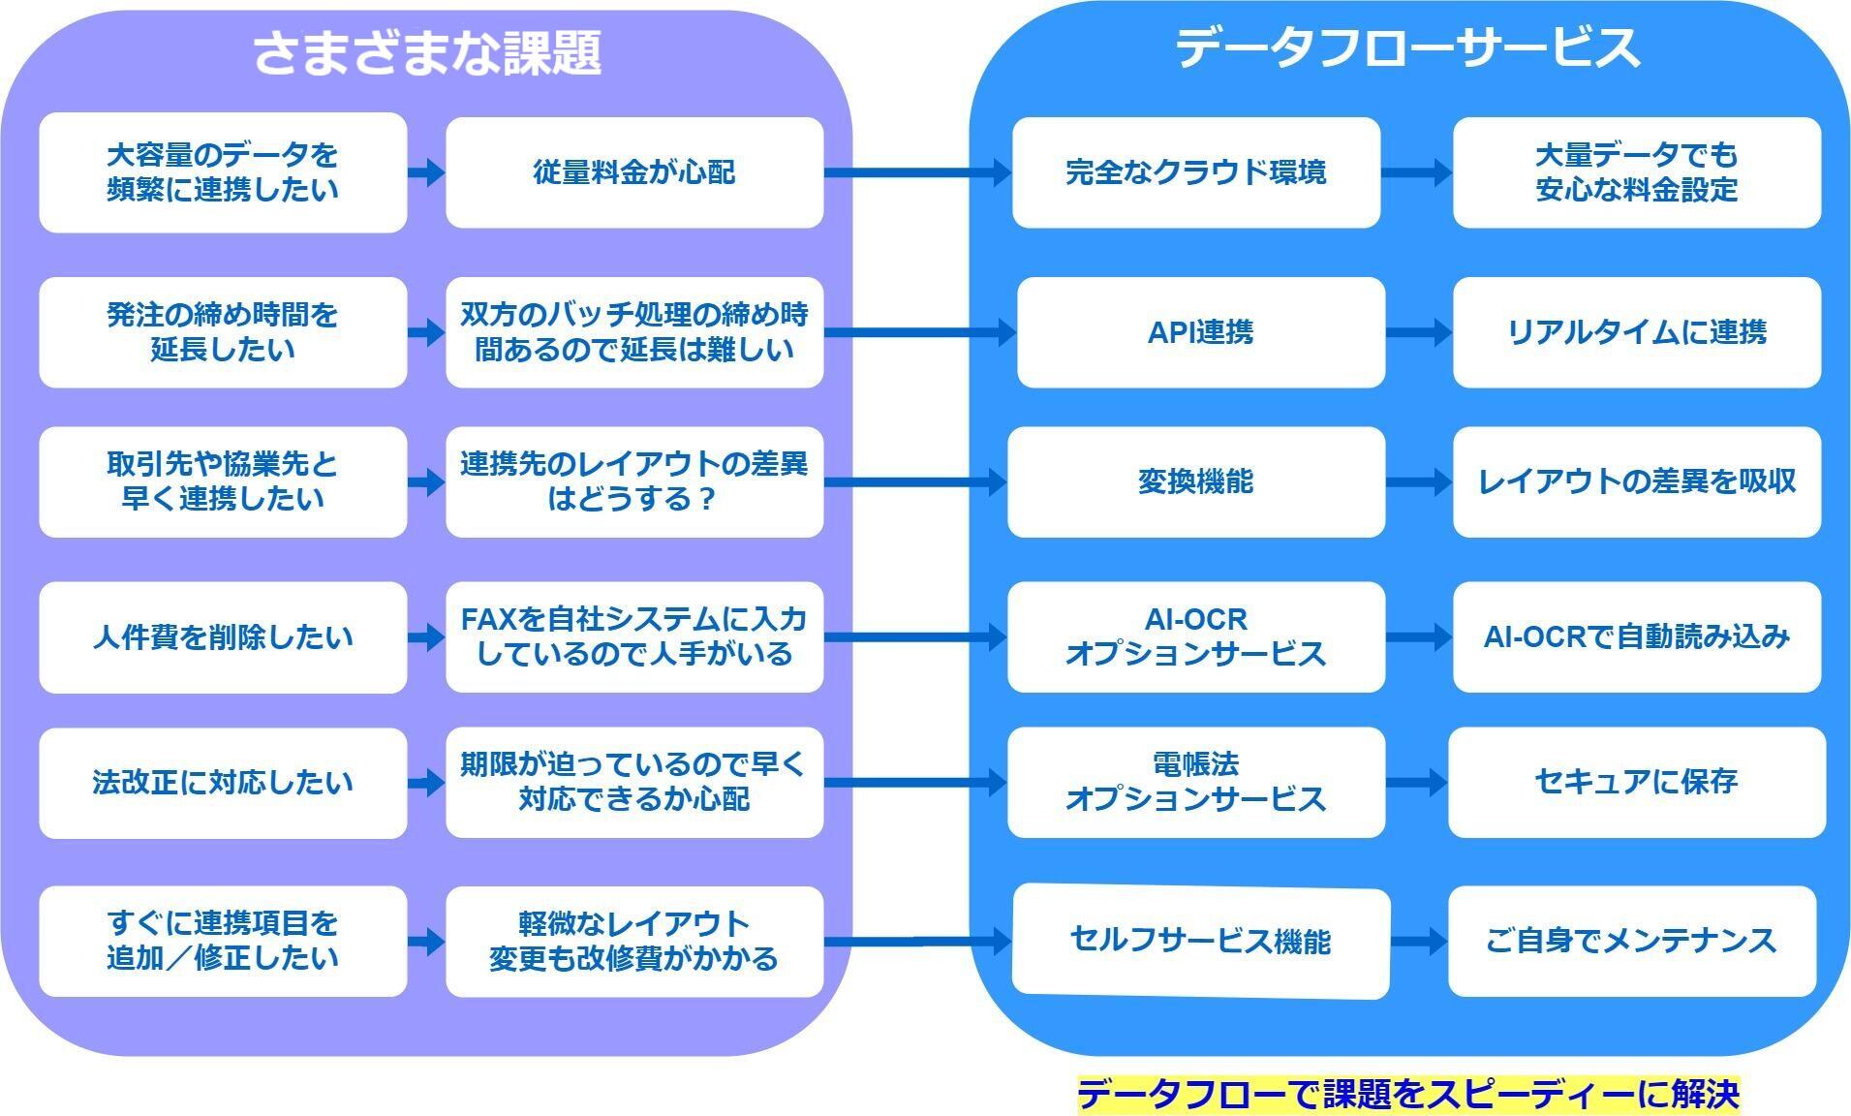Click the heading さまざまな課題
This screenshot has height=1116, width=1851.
(427, 52)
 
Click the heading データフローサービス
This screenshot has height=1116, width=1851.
(1407, 47)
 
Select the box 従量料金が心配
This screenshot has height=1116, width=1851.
(634, 172)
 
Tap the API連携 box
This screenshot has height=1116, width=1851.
(1201, 332)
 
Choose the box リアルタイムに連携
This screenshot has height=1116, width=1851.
(1637, 332)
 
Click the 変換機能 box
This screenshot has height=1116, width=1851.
(1196, 481)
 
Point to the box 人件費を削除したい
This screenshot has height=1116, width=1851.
(223, 637)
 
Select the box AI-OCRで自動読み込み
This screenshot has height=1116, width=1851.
(1637, 637)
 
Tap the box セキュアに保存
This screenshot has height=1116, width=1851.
(1637, 782)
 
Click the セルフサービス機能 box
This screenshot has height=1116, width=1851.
(1201, 941)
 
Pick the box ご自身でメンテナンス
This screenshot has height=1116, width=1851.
(1632, 941)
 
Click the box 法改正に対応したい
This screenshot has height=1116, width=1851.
(223, 783)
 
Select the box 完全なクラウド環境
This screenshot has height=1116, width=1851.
(1196, 172)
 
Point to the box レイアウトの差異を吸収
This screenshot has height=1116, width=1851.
(1637, 481)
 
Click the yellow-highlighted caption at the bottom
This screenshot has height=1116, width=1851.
(1408, 1095)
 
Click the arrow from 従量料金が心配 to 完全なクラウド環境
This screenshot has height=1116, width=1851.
(918, 172)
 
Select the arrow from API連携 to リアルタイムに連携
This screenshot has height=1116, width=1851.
(1419, 332)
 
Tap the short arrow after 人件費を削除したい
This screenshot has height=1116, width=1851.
(426, 637)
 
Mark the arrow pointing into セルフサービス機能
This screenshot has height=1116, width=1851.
(918, 941)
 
